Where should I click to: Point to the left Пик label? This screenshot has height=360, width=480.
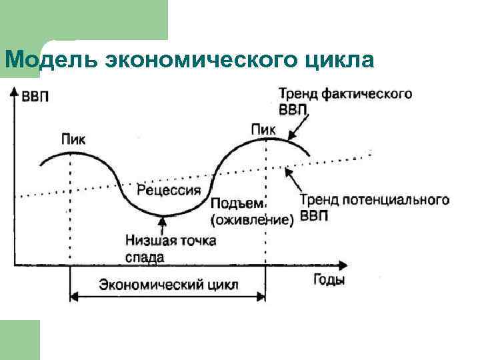73,139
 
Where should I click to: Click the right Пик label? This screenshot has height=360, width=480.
263,129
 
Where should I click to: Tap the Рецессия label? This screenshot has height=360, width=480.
169,190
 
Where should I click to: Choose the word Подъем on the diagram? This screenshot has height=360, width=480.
238,203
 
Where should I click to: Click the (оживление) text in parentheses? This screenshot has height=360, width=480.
252,219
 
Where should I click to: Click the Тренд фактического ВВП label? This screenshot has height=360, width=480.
343,102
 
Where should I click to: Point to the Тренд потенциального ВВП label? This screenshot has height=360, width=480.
373,207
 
